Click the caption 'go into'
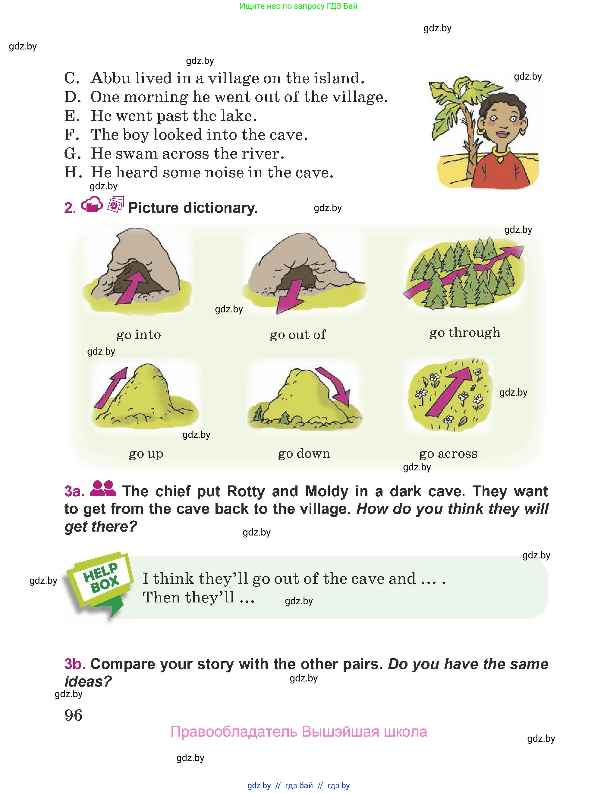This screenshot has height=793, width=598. (139, 335)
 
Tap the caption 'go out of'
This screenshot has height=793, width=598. (298, 335)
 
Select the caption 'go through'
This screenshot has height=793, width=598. (465, 333)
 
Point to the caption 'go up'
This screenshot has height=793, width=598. (146, 454)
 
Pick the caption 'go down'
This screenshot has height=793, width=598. (304, 454)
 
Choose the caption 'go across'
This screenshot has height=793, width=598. (448, 454)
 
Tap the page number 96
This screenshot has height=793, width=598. (74, 715)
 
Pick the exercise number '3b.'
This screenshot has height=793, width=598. (74, 664)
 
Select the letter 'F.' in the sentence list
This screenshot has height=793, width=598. (72, 135)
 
